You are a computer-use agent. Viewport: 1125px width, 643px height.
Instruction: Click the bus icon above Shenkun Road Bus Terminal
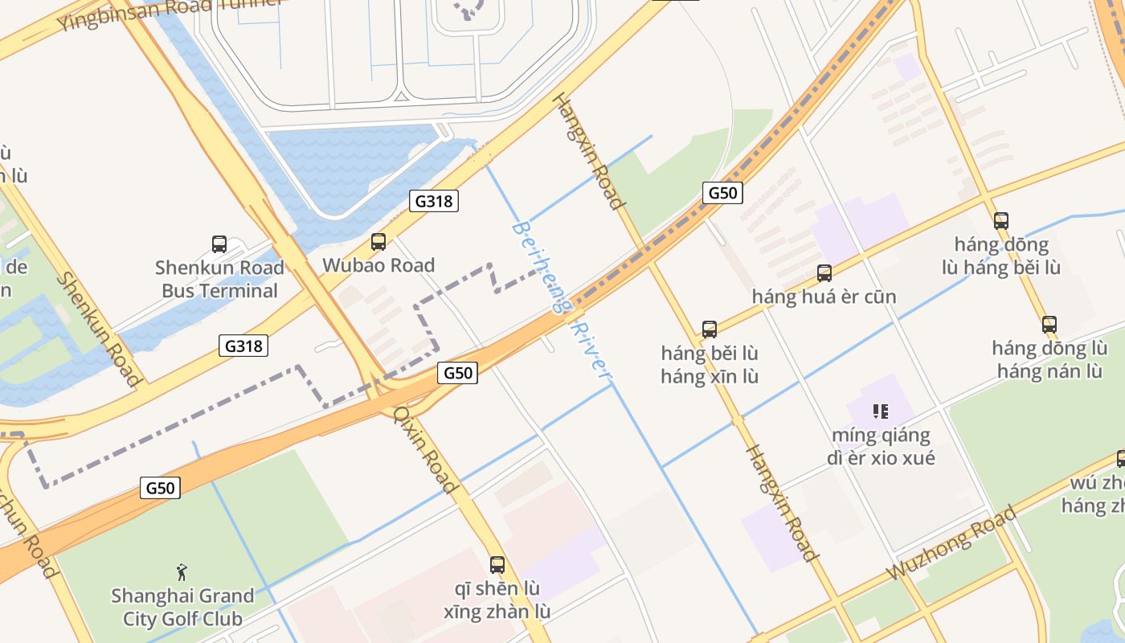[x=219, y=244]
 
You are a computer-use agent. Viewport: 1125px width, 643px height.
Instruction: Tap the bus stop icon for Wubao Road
[x=378, y=241]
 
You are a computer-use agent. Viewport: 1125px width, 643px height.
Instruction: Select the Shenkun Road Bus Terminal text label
[x=219, y=279]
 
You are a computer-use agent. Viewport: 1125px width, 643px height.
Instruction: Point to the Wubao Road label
[x=378, y=265]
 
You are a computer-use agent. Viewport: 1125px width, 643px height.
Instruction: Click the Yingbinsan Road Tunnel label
[x=169, y=11]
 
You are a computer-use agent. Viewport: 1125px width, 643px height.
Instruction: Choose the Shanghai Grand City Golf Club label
[x=182, y=607]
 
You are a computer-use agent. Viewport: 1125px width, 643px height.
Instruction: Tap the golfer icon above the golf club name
[x=182, y=572]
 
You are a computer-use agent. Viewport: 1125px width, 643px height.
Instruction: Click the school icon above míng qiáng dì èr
[x=881, y=412]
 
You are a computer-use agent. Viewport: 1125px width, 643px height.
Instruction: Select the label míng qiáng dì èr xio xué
[x=881, y=447]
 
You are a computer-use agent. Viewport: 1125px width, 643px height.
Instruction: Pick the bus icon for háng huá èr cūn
[x=824, y=273]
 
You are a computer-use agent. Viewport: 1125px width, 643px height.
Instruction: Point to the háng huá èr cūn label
[x=824, y=297]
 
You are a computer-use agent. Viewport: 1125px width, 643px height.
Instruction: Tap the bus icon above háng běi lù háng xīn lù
[x=709, y=329]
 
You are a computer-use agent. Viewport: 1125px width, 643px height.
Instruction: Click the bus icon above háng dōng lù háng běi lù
[x=1000, y=220]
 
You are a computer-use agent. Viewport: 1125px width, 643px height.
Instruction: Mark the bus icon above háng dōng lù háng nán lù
[x=1049, y=325]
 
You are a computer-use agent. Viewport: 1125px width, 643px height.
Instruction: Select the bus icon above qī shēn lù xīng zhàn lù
[x=497, y=564]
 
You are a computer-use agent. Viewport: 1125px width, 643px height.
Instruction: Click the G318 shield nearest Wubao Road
[x=434, y=201]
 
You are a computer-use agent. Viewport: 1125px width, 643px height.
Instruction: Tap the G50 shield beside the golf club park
[x=160, y=488]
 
